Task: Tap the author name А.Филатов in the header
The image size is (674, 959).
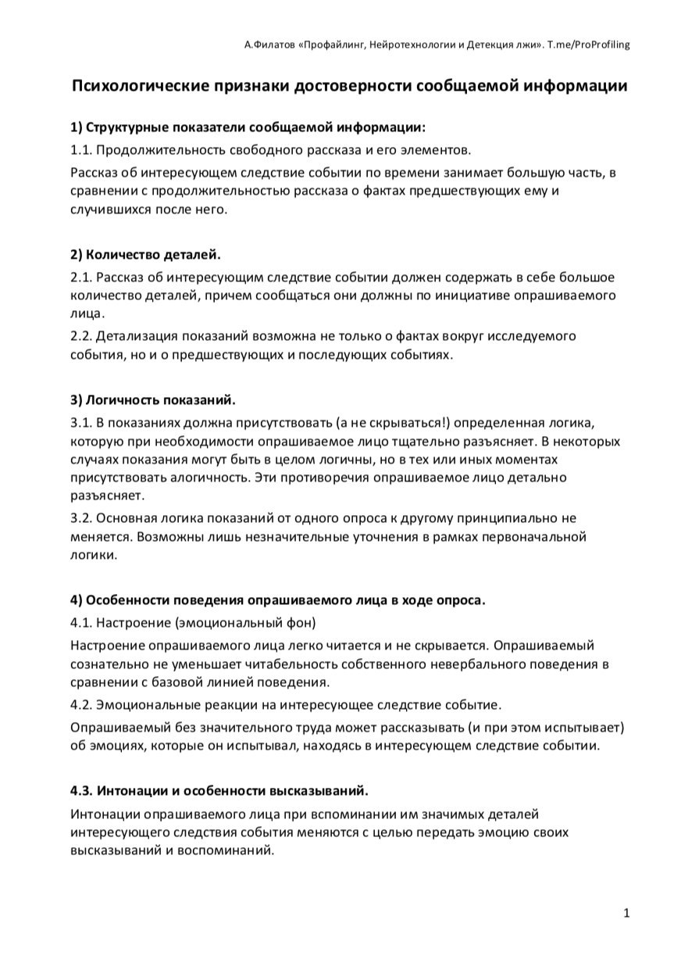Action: coord(269,45)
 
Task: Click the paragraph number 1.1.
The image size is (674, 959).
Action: coord(81,149)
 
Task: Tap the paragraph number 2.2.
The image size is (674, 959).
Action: coord(81,335)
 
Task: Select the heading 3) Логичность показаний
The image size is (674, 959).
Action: coord(152,400)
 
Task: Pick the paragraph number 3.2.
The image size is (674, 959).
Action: coord(81,517)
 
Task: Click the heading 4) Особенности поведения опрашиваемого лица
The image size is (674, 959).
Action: coord(277,600)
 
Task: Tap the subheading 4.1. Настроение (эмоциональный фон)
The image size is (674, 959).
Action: coord(193,623)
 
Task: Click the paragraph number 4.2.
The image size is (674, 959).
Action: coord(81,705)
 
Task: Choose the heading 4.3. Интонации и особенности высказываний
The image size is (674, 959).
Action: coord(219,790)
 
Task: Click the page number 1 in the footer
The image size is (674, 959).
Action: coord(626,913)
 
